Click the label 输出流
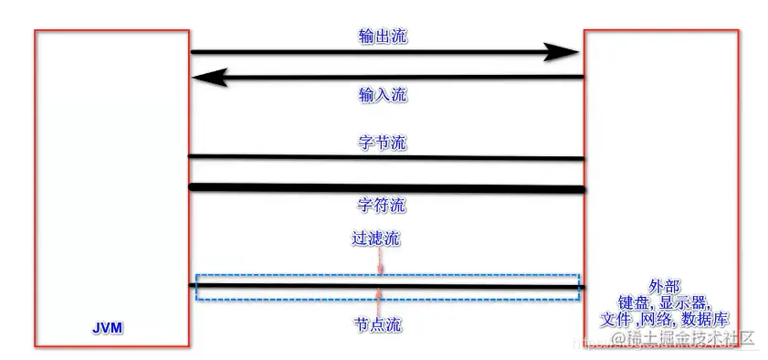[383, 37]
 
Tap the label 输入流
[383, 94]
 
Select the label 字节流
[383, 143]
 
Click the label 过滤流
[376, 238]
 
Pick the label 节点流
[376, 324]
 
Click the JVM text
[108, 325]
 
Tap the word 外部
[664, 286]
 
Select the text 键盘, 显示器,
[664, 302]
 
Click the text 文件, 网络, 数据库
[664, 320]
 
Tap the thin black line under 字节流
[384, 157]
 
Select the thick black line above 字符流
[384, 188]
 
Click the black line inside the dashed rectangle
[274, 286]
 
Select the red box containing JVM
[37, 183]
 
